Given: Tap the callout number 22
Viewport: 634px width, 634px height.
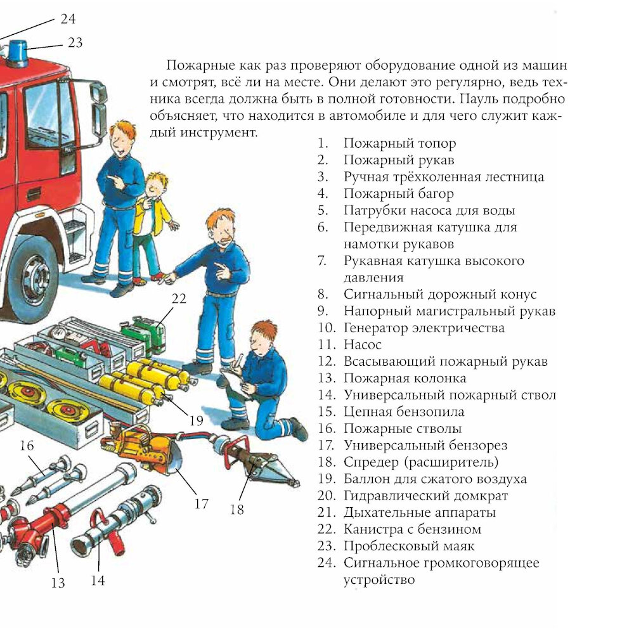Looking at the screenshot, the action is [x=179, y=299].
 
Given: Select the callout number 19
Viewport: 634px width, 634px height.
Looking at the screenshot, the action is [x=196, y=420].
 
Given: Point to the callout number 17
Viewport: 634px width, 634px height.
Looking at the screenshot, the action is [x=201, y=503].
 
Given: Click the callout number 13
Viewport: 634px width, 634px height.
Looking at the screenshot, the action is [x=58, y=583].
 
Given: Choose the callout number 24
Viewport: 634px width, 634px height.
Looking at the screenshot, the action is [x=68, y=18].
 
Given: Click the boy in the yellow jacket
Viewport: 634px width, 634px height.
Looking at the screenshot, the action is [x=151, y=226].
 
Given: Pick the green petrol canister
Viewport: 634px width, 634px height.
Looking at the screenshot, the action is [x=146, y=335].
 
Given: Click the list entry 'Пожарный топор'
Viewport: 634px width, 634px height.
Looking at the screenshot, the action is [x=399, y=143].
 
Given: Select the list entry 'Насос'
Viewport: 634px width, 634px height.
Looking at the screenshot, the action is [x=362, y=344].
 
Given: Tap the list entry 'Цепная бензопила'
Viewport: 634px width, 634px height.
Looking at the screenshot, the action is [x=404, y=411].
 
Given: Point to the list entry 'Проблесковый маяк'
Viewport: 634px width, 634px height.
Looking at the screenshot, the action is [x=409, y=546].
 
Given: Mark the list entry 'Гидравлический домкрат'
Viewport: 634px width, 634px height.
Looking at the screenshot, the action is [x=426, y=496].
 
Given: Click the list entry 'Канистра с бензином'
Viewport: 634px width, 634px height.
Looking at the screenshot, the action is [x=413, y=529].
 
